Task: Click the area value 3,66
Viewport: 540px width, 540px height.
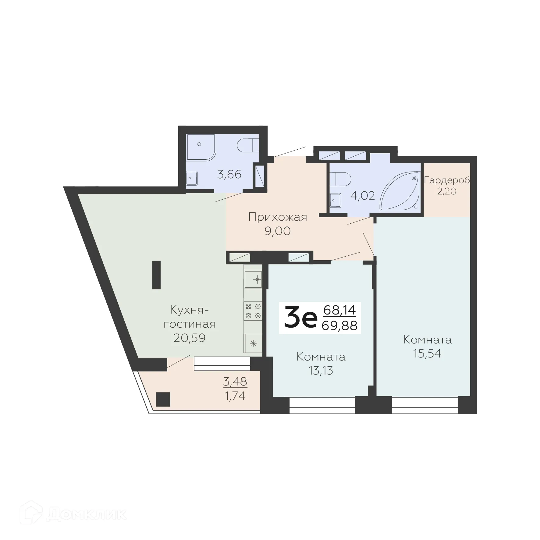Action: coord(229,175)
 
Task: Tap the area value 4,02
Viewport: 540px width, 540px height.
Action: coord(362,195)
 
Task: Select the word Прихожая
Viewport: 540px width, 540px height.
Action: coord(278,217)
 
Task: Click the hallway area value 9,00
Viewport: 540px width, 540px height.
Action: coord(278,231)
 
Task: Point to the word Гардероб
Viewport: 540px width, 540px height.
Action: coord(447,180)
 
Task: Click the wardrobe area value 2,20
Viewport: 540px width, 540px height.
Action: coord(447,191)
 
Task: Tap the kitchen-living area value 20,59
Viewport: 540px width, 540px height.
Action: coord(190,338)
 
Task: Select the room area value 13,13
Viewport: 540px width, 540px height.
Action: coord(321,371)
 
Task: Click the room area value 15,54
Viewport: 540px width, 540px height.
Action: coord(427,353)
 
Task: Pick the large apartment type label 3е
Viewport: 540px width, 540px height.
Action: coord(300,318)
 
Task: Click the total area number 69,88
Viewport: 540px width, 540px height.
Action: coord(339,326)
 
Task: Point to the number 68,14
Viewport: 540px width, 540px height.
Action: coord(339,310)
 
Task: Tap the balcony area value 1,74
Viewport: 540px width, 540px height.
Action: coord(235,396)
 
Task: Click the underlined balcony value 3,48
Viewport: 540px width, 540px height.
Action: coord(235,382)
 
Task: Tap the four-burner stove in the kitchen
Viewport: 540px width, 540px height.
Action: coord(253,311)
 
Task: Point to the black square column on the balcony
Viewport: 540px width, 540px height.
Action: coord(163,399)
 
